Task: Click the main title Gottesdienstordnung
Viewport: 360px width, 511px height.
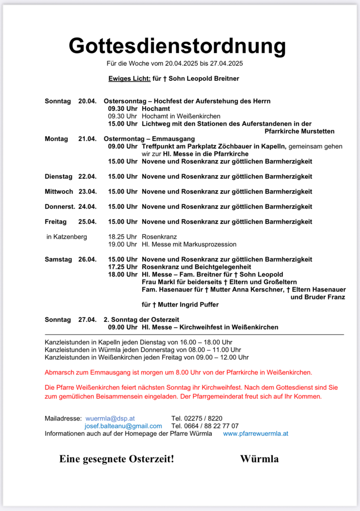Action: tap(177, 45)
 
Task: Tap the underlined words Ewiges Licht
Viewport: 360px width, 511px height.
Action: tap(129, 79)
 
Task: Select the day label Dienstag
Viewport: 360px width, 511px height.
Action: tap(59, 176)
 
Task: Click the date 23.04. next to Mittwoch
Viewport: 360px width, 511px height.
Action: tap(87, 192)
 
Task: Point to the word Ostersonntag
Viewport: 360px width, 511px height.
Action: tap(124, 101)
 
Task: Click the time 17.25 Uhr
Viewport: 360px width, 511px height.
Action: tap(123, 267)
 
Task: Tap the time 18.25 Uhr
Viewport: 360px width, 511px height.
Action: tap(123, 237)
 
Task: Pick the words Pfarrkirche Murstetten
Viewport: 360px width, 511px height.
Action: tap(305, 131)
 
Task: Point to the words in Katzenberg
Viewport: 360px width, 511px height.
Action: tap(66, 237)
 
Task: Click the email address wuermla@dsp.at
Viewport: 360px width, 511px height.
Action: tap(110, 418)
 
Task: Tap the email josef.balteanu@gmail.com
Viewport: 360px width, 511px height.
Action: tap(123, 426)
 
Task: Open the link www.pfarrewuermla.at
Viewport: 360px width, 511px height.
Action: tap(256, 433)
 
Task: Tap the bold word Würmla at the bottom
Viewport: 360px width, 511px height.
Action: tap(259, 459)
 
